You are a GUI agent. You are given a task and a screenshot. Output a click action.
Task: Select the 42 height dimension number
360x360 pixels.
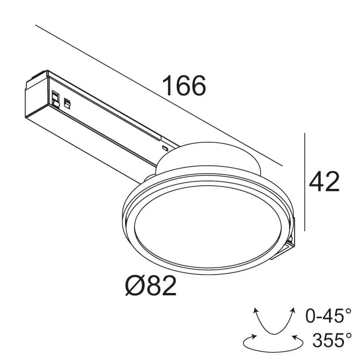[x=324, y=182]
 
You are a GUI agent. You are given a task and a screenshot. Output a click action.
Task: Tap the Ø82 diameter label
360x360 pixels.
[x=151, y=286]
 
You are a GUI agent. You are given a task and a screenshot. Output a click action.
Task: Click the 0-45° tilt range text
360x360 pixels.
[x=328, y=316]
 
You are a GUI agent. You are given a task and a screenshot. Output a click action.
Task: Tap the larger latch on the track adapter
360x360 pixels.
[x=55, y=97]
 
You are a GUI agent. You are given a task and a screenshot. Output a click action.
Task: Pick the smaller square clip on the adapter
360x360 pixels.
[x=68, y=102]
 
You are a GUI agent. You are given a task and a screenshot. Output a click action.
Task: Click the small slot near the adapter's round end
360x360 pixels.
[x=164, y=148]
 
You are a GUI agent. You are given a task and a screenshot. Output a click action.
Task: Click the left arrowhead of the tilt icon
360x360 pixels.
[x=256, y=311]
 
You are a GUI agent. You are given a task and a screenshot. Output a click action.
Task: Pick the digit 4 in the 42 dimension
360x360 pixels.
[x=316, y=182]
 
